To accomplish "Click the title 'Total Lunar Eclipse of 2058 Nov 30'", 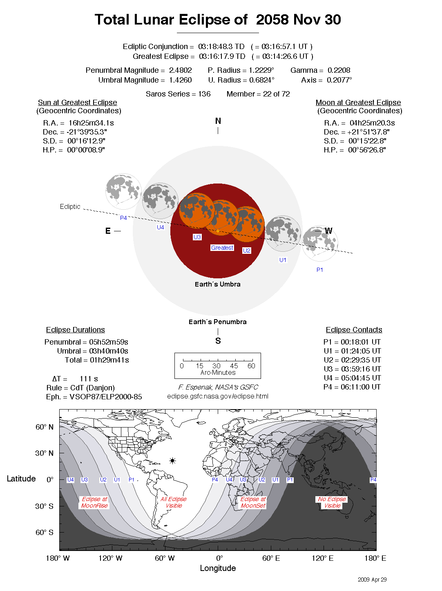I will click(218, 20).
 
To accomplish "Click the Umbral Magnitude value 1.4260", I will click(180, 80).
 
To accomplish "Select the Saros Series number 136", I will click(204, 94).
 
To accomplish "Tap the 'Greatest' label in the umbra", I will click(222, 248).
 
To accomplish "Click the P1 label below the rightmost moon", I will click(319, 270).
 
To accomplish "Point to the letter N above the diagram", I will click(218, 121).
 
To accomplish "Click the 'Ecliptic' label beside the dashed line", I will click(70, 207).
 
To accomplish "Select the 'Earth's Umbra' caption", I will click(217, 284).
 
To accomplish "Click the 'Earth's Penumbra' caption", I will click(217, 322).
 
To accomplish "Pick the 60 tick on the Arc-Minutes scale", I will click(251, 366).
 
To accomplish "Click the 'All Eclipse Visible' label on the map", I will click(174, 502).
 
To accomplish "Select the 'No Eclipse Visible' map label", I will click(332, 502).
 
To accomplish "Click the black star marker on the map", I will click(172, 461).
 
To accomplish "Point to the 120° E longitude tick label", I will click(322, 558).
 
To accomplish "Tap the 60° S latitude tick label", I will click(45, 532).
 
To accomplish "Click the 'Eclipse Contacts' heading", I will click(354, 330).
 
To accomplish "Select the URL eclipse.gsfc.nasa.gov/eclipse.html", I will click(218, 396).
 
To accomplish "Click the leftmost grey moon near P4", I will click(123, 191).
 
